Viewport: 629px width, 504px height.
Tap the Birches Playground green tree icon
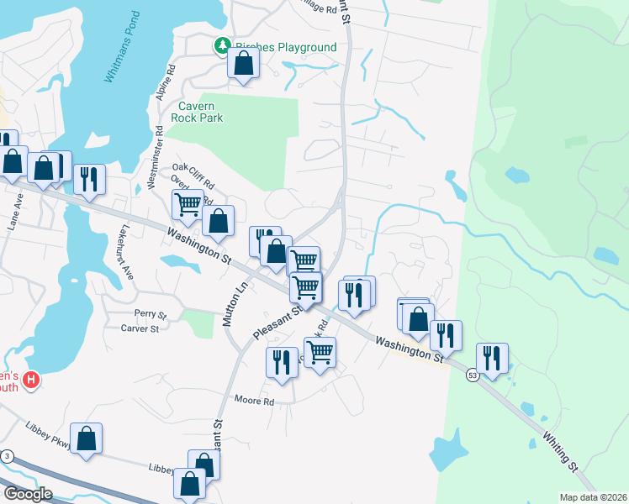tap(222, 45)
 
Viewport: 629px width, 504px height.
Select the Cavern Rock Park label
tap(201, 112)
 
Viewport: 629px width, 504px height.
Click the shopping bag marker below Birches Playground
tap(243, 64)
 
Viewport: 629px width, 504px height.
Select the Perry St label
tap(151, 313)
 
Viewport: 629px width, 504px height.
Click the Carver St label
tap(140, 328)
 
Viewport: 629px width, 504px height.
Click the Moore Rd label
tap(255, 401)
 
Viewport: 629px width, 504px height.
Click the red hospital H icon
tap(31, 381)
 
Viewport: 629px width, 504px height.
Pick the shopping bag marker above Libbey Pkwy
tap(87, 438)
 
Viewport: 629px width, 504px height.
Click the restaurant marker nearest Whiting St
tap(492, 359)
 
